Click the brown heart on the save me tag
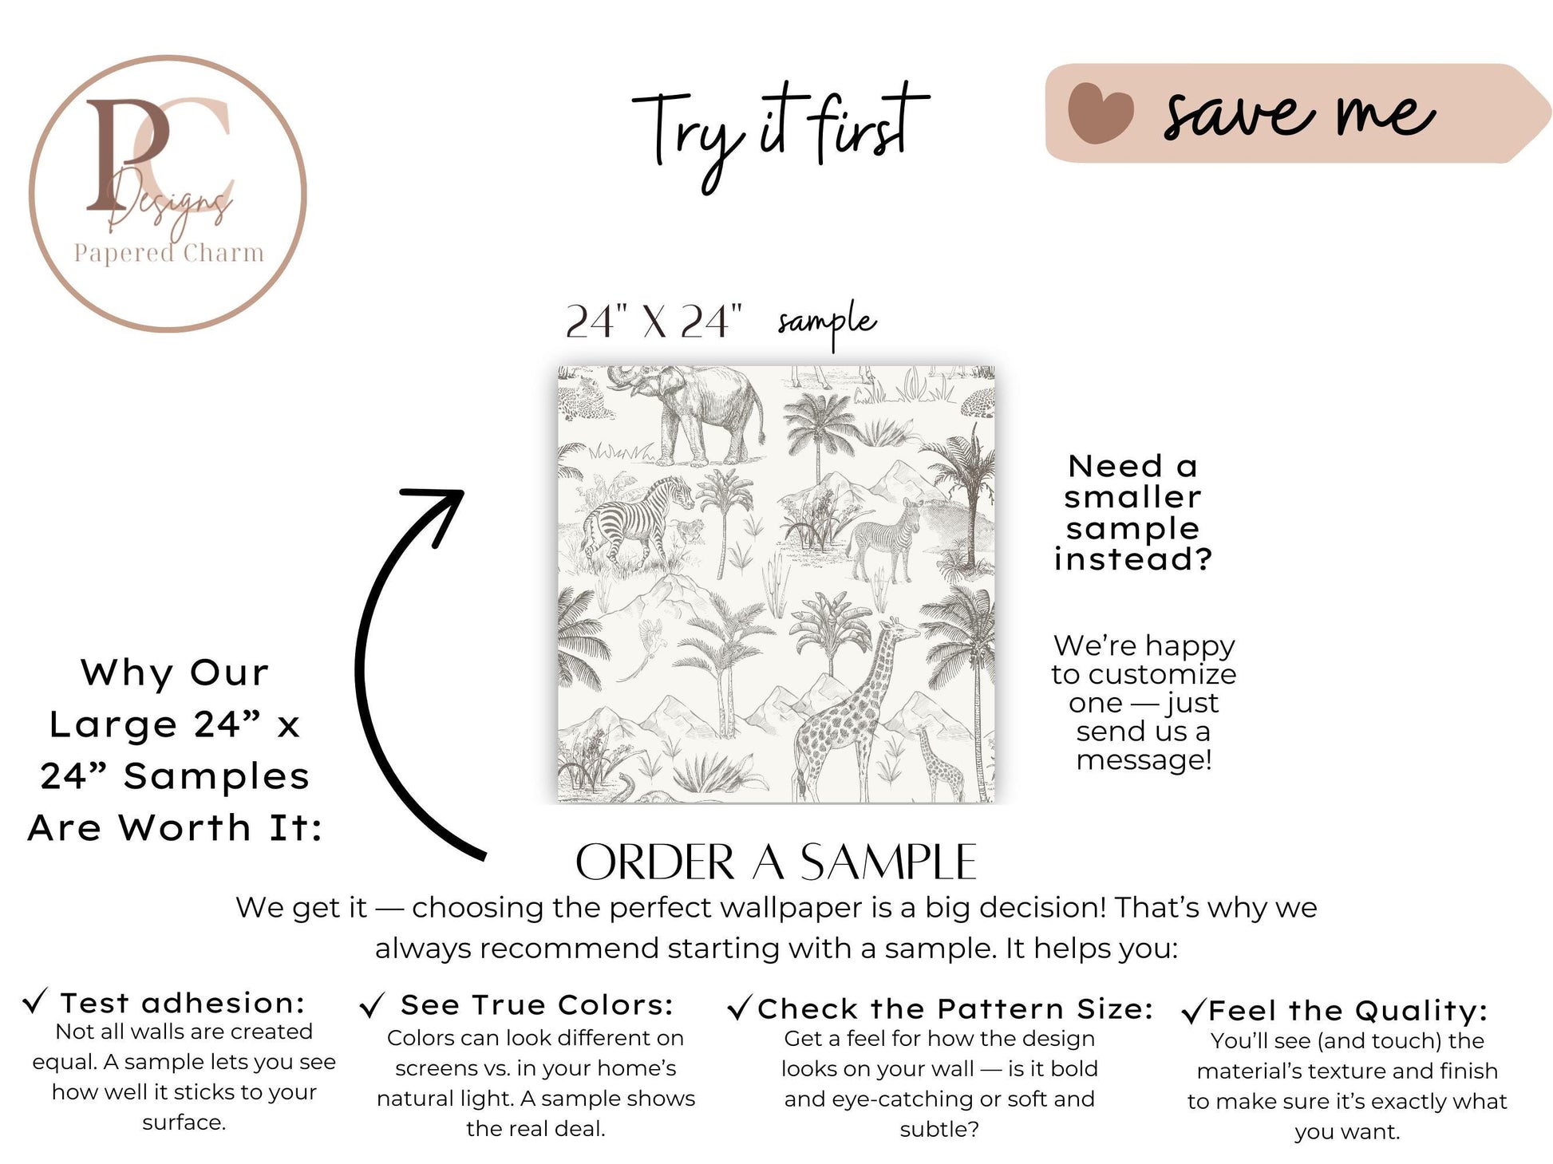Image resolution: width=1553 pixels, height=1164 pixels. (1101, 112)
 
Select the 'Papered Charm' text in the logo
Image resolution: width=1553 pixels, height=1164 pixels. (169, 253)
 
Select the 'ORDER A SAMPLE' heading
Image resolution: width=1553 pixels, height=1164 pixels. (776, 862)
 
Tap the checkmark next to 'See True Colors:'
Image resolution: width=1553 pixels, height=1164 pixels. (372, 1005)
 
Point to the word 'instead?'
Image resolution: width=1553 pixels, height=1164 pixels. (1133, 559)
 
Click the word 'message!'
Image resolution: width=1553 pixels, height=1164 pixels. (1144, 760)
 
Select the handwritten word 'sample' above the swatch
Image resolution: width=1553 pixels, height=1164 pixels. (827, 323)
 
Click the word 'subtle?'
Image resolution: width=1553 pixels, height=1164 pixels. (939, 1129)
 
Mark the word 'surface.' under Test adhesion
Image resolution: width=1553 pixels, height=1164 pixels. (184, 1123)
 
